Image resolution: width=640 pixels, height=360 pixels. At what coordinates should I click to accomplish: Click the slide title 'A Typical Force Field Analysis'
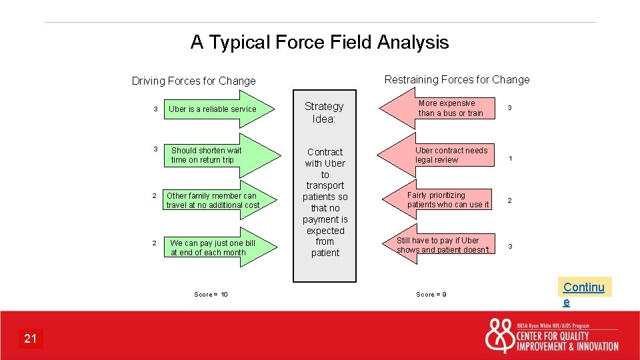point(319,43)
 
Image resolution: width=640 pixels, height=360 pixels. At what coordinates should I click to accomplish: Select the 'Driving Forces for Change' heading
point(193,81)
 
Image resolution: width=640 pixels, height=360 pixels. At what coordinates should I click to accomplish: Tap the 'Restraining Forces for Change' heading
point(457,79)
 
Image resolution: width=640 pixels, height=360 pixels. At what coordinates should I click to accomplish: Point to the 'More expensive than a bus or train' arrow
point(444,108)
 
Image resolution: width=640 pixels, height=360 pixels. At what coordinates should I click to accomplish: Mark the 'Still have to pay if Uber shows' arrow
point(443,245)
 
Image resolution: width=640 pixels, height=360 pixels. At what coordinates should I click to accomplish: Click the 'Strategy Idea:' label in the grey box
point(324,113)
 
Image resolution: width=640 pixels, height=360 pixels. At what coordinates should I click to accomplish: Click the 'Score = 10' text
point(211,294)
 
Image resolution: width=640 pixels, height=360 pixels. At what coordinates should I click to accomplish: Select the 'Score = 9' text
point(431,294)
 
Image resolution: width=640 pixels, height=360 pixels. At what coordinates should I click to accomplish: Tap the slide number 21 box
point(31,339)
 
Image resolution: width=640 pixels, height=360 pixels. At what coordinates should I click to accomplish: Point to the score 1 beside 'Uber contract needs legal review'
point(510,159)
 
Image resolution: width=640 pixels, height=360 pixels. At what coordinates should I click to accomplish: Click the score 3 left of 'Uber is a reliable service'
point(155,109)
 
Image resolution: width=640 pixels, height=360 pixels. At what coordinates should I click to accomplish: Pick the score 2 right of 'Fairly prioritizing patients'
point(510,200)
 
